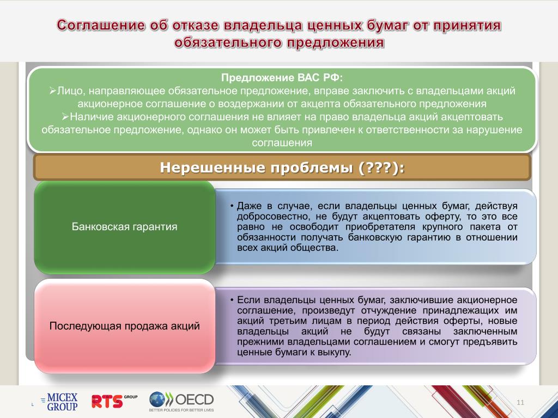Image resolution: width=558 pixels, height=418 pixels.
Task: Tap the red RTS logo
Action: pyautogui.click(x=114, y=401)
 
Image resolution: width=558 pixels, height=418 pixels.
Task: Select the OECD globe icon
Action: pyautogui.click(x=157, y=399)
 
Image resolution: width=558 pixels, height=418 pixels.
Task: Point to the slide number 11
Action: pyautogui.click(x=520, y=402)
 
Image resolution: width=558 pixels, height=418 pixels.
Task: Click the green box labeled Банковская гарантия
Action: pyautogui.click(x=125, y=227)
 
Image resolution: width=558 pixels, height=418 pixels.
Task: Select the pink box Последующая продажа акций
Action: pyautogui.click(x=125, y=326)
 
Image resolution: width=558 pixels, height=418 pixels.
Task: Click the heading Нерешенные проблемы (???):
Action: pyautogui.click(x=282, y=168)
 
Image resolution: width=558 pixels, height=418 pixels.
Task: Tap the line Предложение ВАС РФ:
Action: pyautogui.click(x=282, y=78)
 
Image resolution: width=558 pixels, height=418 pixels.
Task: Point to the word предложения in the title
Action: pyautogui.click(x=336, y=42)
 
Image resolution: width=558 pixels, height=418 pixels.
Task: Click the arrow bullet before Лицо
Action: pyautogui.click(x=53, y=91)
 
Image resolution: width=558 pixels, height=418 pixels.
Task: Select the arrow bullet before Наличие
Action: pyautogui.click(x=65, y=116)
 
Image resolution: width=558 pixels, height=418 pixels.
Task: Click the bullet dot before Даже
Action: pyautogui.click(x=232, y=206)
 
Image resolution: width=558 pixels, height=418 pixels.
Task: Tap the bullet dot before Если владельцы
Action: pyautogui.click(x=232, y=300)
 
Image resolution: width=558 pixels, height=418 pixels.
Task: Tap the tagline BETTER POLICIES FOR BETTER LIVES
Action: pyautogui.click(x=181, y=410)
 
